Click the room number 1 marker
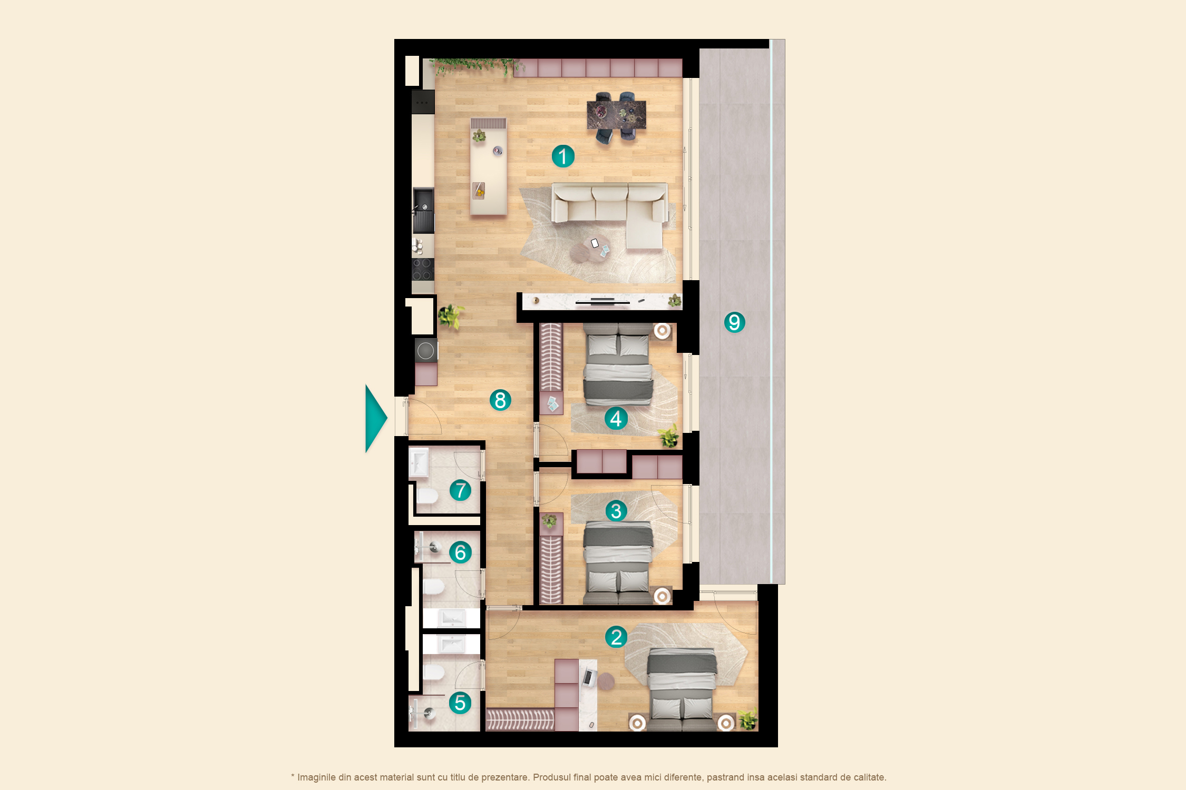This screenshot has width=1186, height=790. pos(563,156)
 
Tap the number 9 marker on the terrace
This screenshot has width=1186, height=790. pos(734,322)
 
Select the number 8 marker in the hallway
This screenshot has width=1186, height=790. pos(500,400)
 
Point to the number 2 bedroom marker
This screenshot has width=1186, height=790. pos(616,637)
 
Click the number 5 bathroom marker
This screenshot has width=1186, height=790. pos(460,703)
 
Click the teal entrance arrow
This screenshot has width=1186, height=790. pos(376,419)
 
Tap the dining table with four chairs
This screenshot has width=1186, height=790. pos(616,117)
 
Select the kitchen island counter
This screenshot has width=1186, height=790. pos(489,166)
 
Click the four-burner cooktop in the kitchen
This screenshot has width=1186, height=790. pos(423,269)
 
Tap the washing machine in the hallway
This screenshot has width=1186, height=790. pos(426,351)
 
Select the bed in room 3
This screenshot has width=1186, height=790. pos(618,562)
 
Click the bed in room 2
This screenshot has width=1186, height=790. pos(682,689)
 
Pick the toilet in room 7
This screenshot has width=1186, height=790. pos(427,496)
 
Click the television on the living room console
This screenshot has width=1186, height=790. pos(602,302)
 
